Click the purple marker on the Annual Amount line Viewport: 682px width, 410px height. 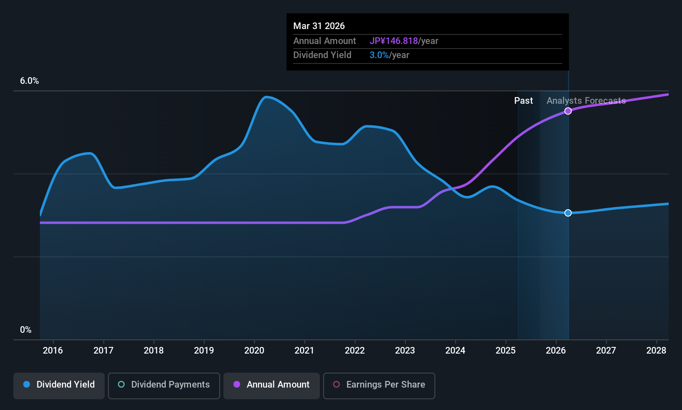click(x=568, y=111)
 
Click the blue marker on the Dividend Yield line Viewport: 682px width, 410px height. click(x=568, y=213)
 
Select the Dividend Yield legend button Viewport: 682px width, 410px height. click(x=59, y=385)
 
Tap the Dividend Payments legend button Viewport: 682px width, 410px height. click(x=164, y=385)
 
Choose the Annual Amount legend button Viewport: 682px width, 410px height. click(x=272, y=385)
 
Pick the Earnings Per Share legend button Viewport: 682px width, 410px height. click(x=379, y=385)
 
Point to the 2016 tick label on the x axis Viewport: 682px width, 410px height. click(x=53, y=351)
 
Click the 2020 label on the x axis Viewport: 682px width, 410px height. click(x=254, y=351)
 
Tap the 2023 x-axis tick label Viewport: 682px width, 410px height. click(x=405, y=351)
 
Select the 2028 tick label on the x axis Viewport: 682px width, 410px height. click(x=656, y=351)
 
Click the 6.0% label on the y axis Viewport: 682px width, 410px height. click(x=29, y=81)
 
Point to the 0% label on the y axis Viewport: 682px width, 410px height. click(x=26, y=330)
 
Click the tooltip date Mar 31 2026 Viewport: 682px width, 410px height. click(x=319, y=26)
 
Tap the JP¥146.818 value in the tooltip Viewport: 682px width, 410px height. click(x=394, y=41)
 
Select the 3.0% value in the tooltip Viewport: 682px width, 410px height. click(x=379, y=55)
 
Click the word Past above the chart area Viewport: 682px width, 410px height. click(x=523, y=101)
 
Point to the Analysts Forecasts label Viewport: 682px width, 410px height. click(x=586, y=101)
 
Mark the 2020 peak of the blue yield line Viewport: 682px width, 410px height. click(x=266, y=97)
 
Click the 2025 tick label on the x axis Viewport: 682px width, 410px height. click(x=505, y=351)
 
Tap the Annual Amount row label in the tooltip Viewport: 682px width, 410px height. click(x=324, y=41)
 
